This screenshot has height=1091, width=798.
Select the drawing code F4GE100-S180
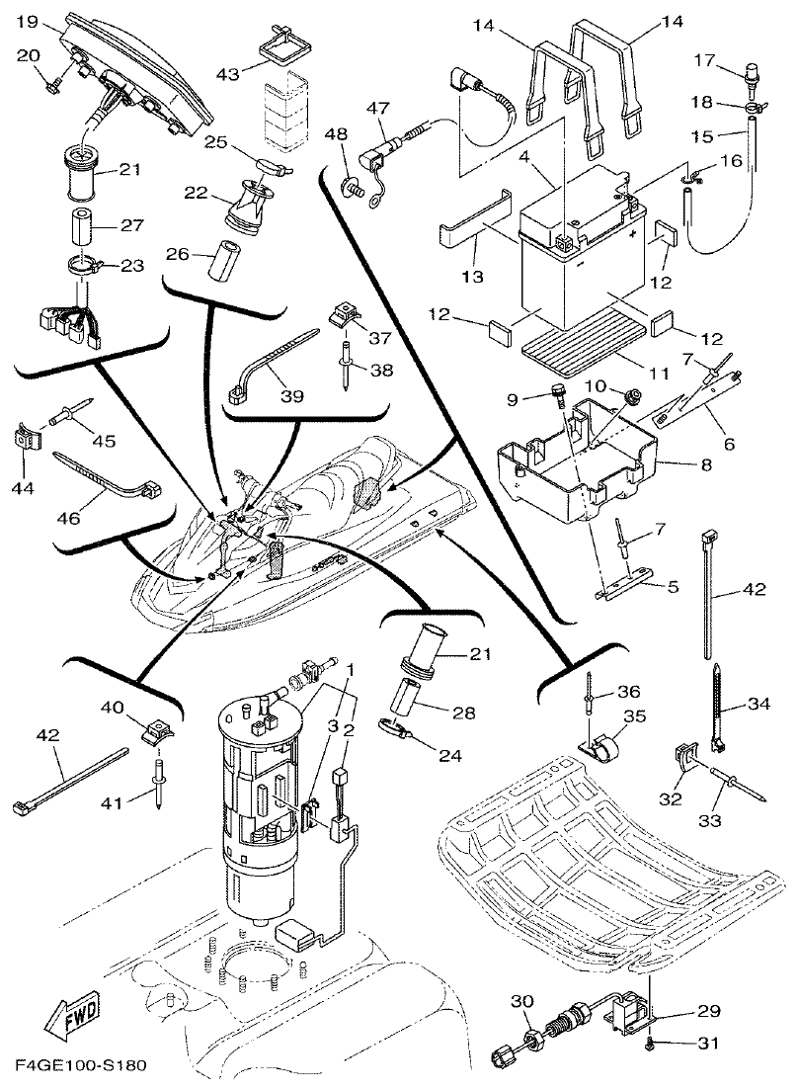(81, 1068)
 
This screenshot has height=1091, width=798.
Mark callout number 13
(471, 278)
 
